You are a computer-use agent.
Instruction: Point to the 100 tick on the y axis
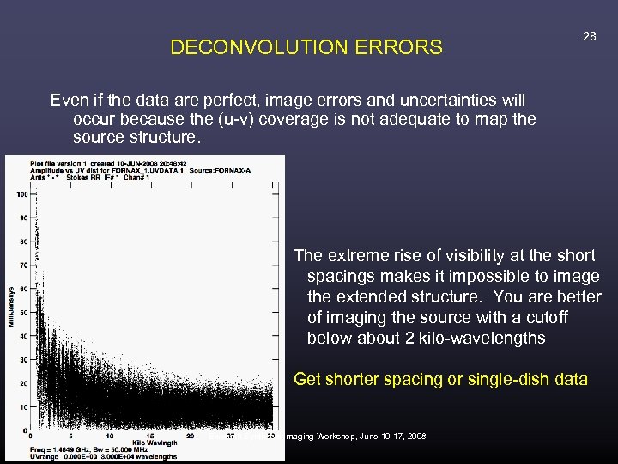(x=21, y=194)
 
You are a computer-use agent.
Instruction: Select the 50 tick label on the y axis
(x=23, y=312)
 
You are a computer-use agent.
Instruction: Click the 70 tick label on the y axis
(x=23, y=265)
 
